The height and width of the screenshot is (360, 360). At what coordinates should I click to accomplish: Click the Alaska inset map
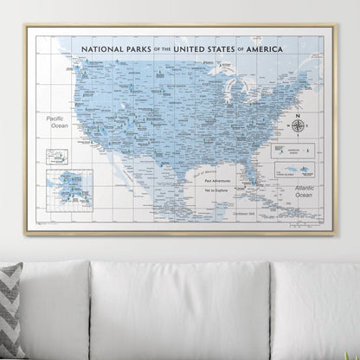coord(69,188)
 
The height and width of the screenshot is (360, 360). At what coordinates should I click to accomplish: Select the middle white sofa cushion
coord(181,312)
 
